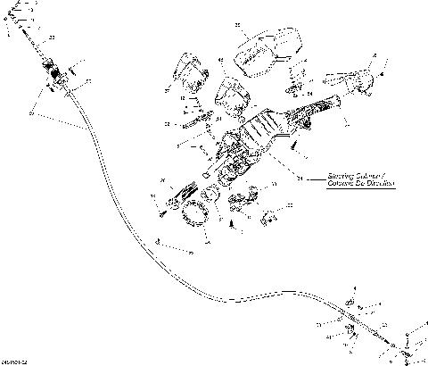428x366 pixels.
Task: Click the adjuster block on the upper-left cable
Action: tap(55, 76)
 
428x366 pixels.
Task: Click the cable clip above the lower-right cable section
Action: tap(350, 301)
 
